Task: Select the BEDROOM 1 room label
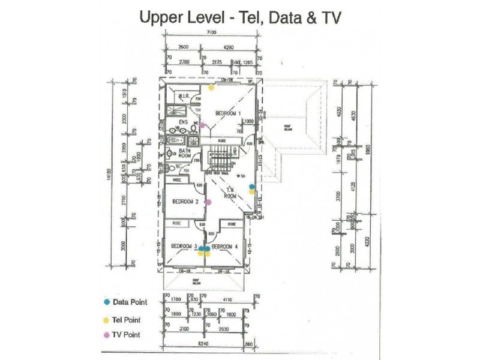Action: tap(228, 113)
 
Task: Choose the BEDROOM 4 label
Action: tap(225, 246)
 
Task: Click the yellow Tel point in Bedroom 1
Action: tap(211, 88)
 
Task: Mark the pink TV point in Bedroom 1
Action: tap(203, 125)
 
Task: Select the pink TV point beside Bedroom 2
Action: tap(208, 202)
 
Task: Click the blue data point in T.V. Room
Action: tap(252, 186)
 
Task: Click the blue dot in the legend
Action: tap(106, 302)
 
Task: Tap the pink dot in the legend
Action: tap(106, 335)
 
